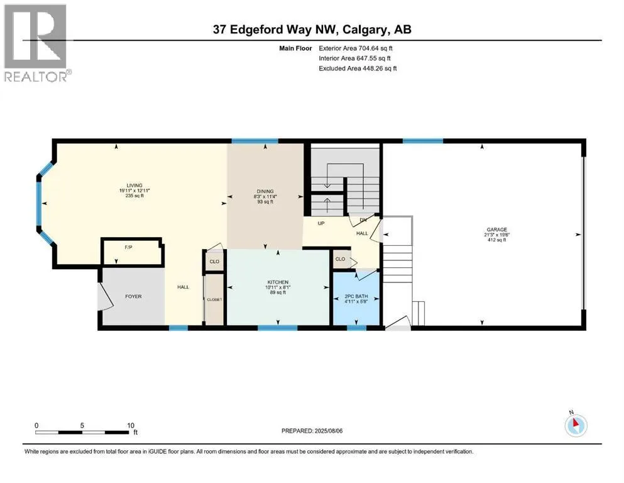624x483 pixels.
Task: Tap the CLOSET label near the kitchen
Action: [x=214, y=299]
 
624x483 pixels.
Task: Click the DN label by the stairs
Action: [x=363, y=220]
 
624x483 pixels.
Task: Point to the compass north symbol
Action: [x=575, y=425]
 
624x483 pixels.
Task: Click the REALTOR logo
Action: [x=36, y=43]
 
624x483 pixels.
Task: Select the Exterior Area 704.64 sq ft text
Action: [x=356, y=48]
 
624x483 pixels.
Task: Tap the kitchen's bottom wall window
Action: [x=277, y=328]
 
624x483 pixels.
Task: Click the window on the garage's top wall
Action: [x=422, y=141]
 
